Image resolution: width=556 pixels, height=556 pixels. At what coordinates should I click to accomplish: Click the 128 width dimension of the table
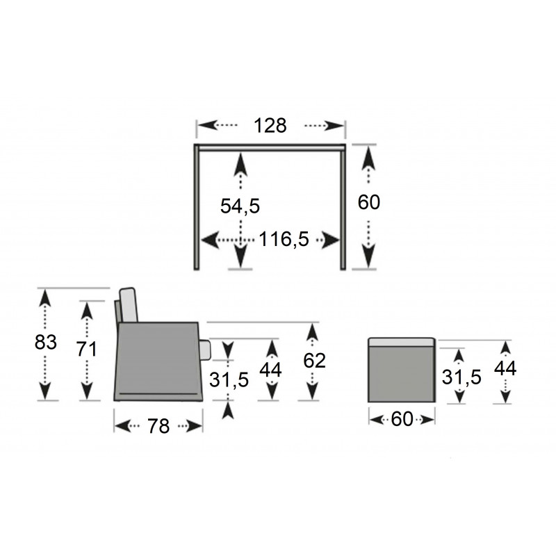[270, 126]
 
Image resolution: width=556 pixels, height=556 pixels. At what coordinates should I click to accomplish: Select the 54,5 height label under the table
[240, 206]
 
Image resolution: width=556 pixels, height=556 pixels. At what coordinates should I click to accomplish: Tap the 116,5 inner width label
[284, 239]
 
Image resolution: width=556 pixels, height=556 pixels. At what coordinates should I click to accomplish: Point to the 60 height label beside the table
[369, 202]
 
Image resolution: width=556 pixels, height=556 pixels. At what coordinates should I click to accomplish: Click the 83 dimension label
[46, 342]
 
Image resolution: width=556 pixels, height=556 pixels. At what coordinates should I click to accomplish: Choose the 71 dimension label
[87, 350]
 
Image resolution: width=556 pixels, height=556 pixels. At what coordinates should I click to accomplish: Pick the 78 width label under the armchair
[158, 426]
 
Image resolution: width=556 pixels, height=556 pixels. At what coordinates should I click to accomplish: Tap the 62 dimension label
[314, 361]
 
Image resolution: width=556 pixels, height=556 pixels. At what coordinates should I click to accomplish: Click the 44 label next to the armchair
[270, 370]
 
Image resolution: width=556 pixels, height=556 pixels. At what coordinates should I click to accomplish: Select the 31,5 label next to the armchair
[229, 379]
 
